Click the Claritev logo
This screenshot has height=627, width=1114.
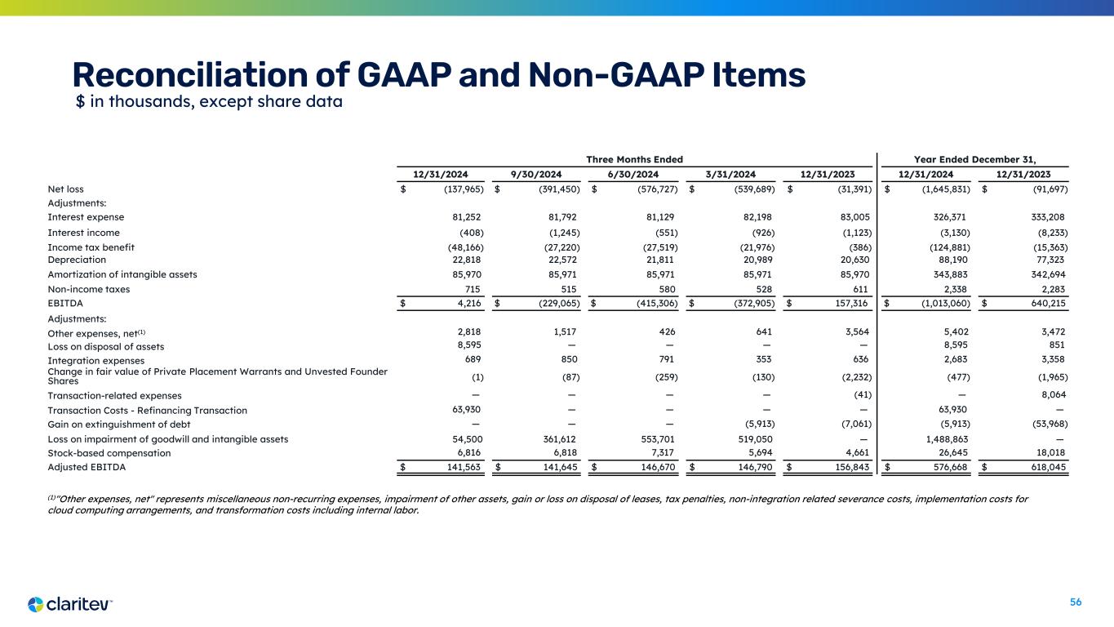click(x=69, y=604)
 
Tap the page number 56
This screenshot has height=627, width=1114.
click(x=1076, y=602)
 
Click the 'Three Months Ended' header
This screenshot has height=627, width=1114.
click(x=634, y=159)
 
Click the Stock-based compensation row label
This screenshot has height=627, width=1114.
click(x=109, y=452)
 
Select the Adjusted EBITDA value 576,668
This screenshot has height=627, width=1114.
click(x=951, y=468)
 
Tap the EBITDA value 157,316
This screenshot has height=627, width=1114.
click(x=852, y=305)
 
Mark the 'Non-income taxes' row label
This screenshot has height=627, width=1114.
click(x=89, y=289)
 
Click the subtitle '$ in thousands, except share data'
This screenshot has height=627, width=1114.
click(x=208, y=102)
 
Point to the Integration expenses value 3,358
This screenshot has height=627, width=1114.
click(x=1050, y=360)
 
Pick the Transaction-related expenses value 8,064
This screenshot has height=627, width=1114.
click(x=1050, y=395)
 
